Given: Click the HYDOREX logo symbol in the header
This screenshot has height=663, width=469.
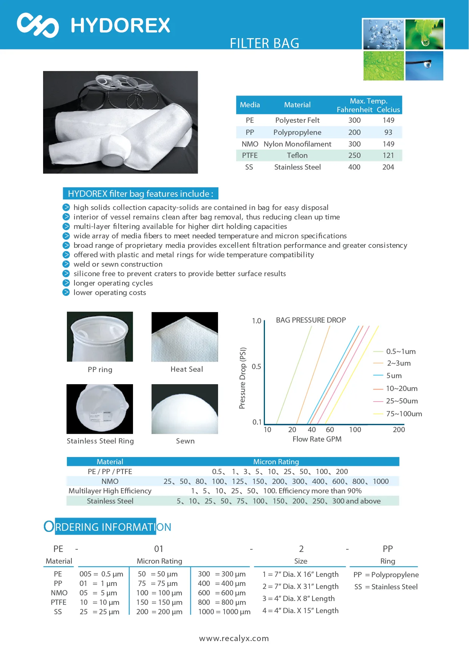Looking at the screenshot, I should [x=38, y=25].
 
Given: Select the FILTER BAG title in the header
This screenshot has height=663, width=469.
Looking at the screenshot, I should [x=265, y=43].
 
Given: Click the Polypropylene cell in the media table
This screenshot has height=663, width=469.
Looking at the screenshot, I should [x=297, y=132].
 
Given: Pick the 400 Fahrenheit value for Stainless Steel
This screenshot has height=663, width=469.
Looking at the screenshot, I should [x=354, y=167].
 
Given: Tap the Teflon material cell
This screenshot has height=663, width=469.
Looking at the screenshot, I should [x=297, y=155].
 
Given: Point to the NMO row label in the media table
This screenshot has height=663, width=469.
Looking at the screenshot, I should [x=250, y=144].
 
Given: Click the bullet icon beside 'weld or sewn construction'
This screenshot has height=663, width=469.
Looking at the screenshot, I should [x=66, y=264].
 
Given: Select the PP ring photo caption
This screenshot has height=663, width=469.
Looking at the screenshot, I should [x=100, y=369].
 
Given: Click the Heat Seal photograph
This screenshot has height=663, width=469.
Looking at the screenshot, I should [x=185, y=337].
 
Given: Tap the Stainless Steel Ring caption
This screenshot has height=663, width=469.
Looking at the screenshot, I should [x=100, y=441].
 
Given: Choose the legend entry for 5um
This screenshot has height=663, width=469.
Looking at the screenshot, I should [x=393, y=376].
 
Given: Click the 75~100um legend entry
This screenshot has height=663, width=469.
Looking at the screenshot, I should [x=404, y=414].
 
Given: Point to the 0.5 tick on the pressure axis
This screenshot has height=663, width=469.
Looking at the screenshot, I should [x=256, y=366].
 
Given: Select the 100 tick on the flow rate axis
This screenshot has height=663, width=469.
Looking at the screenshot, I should [x=355, y=430].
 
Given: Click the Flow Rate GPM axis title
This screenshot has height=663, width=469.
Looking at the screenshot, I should [x=317, y=439].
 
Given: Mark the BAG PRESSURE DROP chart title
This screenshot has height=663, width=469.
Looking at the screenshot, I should [x=311, y=320].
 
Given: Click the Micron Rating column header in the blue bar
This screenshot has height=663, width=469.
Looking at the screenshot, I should [x=276, y=462].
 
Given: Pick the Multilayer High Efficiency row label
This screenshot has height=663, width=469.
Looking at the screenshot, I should [x=110, y=491].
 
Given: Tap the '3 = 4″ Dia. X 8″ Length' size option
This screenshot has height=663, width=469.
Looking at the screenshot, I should [x=299, y=598].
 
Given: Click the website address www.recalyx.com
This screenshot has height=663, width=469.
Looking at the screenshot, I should [x=234, y=638].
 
